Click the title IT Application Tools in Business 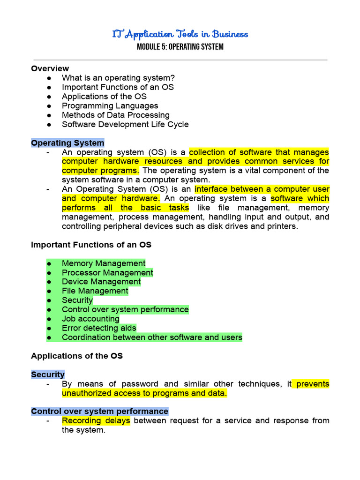pyautogui.click(x=180, y=34)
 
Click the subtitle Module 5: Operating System pyautogui.click(x=180, y=47)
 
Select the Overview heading pyautogui.click(x=50, y=68)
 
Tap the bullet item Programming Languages pyautogui.click(x=110, y=106)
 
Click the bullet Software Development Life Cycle pyautogui.click(x=125, y=124)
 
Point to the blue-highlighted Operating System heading pyautogui.click(x=67, y=143)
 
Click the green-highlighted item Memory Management pyautogui.click(x=104, y=263)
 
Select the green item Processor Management pyautogui.click(x=107, y=272)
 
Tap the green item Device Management pyautogui.click(x=101, y=282)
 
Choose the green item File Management pyautogui.click(x=95, y=291)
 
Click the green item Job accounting pyautogui.click(x=90, y=319)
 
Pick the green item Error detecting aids pyautogui.click(x=99, y=328)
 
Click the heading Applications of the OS pyautogui.click(x=77, y=356)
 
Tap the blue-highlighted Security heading pyautogui.click(x=48, y=375)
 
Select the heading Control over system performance pyautogui.click(x=99, y=412)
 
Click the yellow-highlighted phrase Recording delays pyautogui.click(x=96, y=420)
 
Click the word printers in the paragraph pyautogui.click(x=283, y=226)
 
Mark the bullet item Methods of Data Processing pyautogui.click(x=115, y=115)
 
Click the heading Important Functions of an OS pyautogui.click(x=91, y=245)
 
